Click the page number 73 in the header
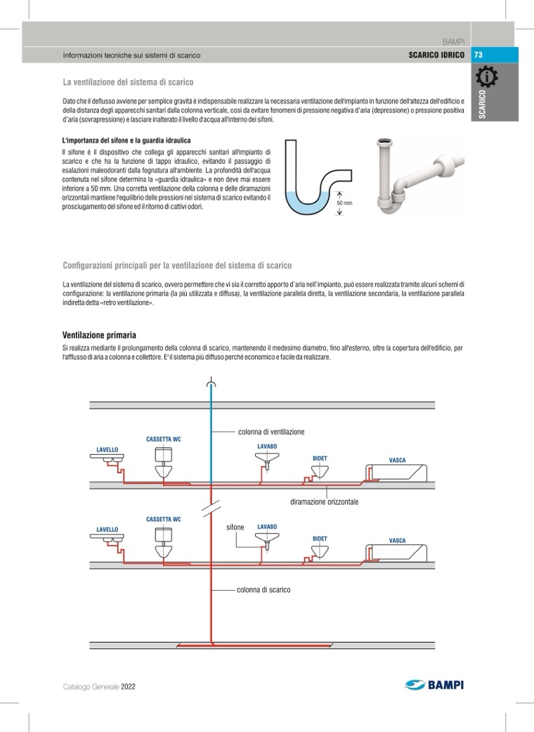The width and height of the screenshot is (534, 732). point(478,56)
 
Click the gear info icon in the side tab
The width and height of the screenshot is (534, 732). point(487,77)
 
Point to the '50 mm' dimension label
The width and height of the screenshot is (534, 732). point(344,203)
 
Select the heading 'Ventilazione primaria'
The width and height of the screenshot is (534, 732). point(99,335)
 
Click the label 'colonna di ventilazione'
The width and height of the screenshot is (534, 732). point(271,432)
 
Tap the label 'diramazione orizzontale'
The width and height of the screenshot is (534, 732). point(324,502)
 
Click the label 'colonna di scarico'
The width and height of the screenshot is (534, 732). point(263,590)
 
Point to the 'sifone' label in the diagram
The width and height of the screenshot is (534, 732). point(235,527)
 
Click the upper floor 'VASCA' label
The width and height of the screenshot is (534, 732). point(397,461)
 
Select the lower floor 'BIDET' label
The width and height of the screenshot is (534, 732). point(320,539)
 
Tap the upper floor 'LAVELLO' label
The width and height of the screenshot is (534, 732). point(108,449)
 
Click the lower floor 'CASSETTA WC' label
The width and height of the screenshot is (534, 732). point(163,519)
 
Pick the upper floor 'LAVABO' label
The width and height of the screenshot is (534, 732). point(267,446)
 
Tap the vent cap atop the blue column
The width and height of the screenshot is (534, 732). point(211,384)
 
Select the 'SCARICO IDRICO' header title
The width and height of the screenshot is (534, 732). point(436,56)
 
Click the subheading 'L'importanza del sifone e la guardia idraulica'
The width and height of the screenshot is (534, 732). point(126,141)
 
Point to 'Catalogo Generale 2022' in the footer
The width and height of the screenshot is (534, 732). point(98,686)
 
